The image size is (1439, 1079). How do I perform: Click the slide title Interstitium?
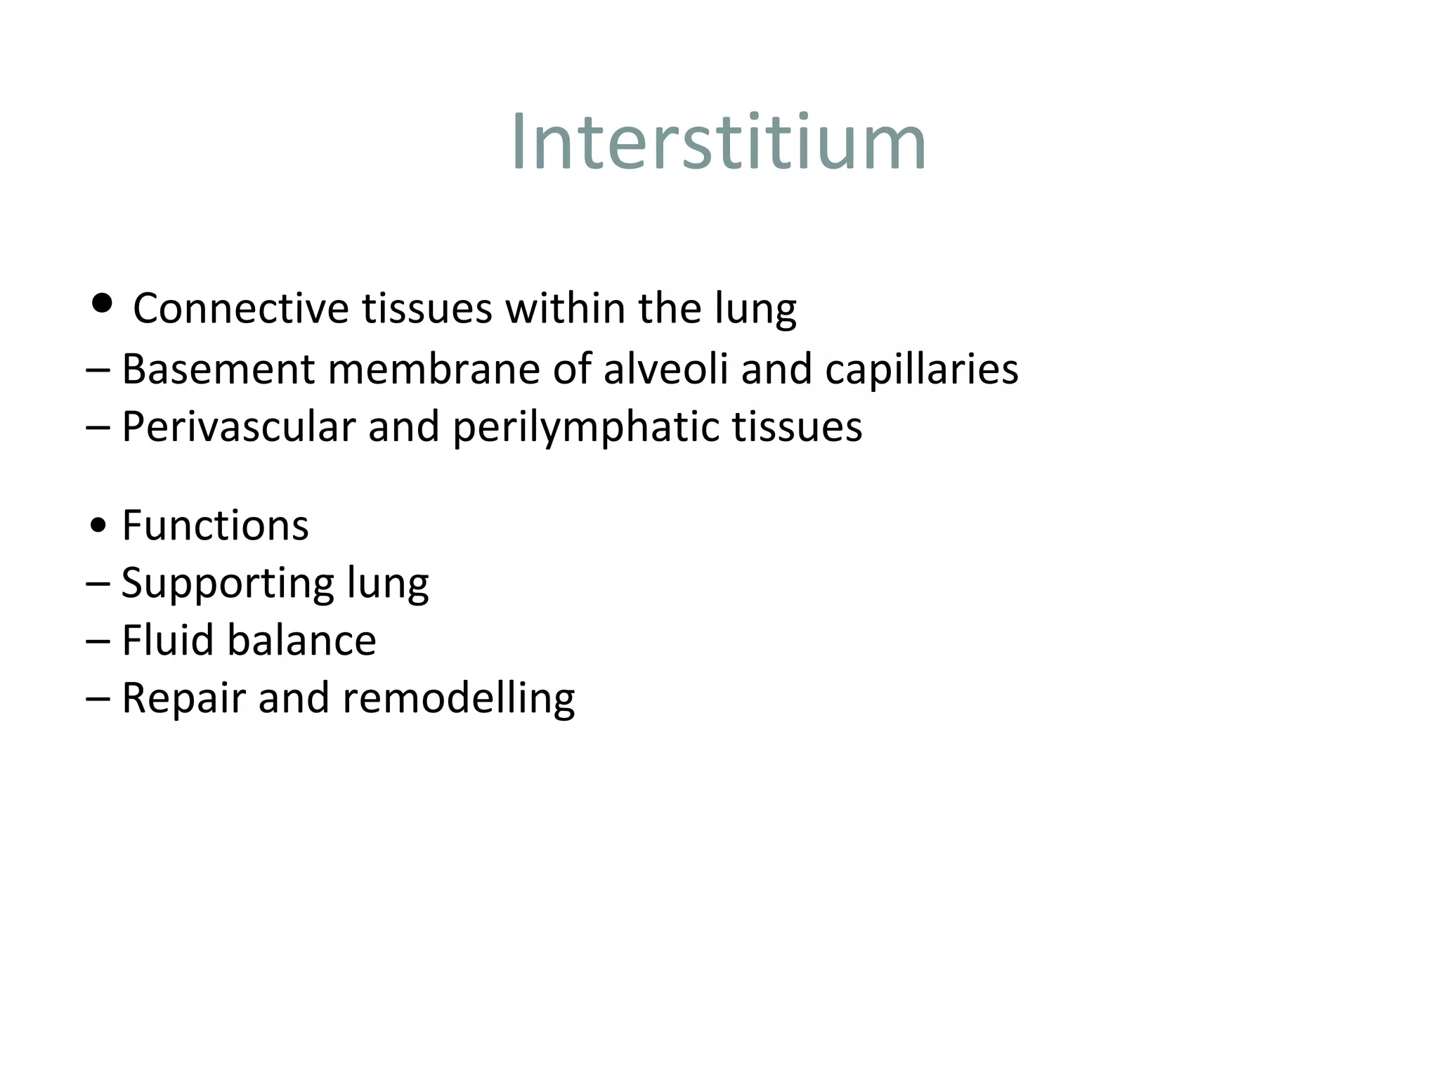(x=719, y=143)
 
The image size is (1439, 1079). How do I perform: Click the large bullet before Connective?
(x=102, y=303)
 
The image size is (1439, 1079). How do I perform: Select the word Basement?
(x=219, y=369)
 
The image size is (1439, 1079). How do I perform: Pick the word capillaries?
(x=921, y=370)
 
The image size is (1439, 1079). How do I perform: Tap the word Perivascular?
(x=239, y=427)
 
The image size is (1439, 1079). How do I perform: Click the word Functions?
(x=215, y=525)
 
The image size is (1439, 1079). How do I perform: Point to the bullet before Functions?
(x=98, y=525)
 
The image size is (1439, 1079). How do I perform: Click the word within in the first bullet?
(x=565, y=308)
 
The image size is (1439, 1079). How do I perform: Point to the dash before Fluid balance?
(x=98, y=641)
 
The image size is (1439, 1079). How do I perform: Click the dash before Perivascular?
(x=98, y=428)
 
